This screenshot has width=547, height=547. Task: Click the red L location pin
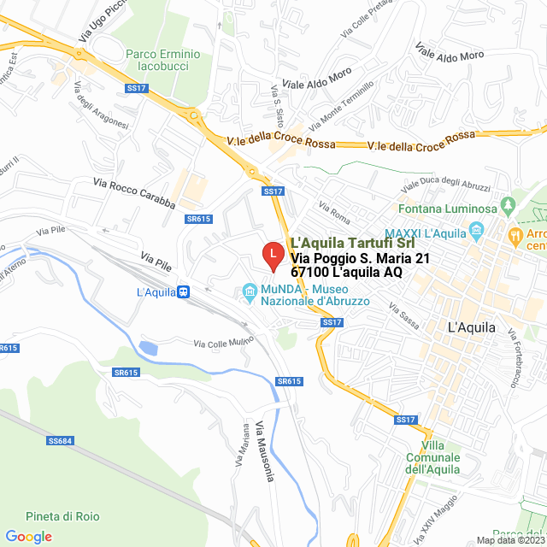tap(272, 255)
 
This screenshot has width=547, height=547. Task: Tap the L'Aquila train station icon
tap(183, 291)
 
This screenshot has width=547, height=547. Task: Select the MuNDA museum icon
tap(250, 291)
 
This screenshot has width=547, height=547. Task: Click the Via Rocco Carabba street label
tap(134, 194)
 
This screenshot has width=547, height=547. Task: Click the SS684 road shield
tap(61, 441)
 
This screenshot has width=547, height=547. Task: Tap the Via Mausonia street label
tap(263, 450)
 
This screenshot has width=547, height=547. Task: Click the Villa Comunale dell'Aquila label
tap(432, 457)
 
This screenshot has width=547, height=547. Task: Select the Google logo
tap(28, 537)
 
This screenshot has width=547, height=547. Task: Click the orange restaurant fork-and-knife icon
tap(515, 232)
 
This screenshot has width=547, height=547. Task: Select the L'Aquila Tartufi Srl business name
tap(359, 243)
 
